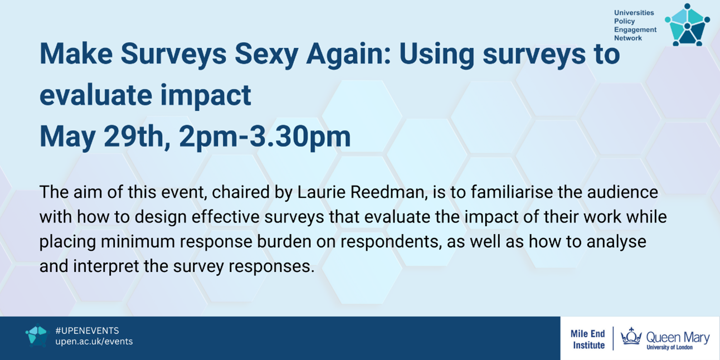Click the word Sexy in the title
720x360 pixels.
click(x=266, y=55)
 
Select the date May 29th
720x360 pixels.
click(x=105, y=137)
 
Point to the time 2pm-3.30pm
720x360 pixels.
click(x=265, y=137)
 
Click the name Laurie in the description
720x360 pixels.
click(x=321, y=192)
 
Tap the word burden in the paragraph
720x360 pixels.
click(x=284, y=242)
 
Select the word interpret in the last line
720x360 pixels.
click(x=106, y=266)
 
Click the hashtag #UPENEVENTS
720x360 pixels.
click(x=87, y=330)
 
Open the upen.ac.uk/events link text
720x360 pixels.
click(x=94, y=342)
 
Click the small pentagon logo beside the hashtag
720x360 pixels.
click(x=37, y=335)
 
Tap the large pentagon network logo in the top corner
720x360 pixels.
click(x=687, y=25)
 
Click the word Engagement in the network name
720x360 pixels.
click(x=635, y=30)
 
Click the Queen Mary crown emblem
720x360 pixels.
click(x=631, y=337)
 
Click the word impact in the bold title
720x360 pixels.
click(x=206, y=95)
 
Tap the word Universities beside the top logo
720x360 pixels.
click(x=634, y=13)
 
